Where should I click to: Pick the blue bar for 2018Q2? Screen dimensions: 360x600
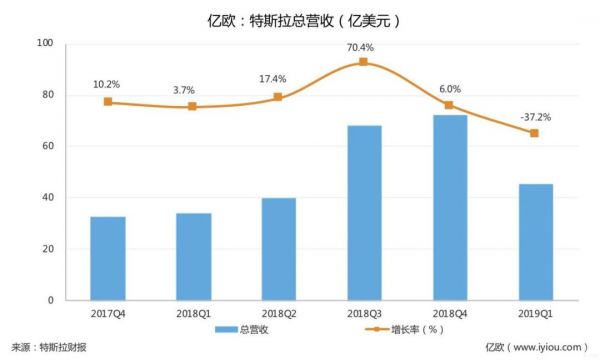point(278,249)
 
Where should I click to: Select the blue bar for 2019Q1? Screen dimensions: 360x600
point(535,242)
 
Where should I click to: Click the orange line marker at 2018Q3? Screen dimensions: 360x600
point(364,62)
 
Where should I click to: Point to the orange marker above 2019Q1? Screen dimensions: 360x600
point(535,133)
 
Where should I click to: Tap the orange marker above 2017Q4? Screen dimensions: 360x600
point(107,102)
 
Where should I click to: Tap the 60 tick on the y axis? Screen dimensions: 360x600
point(47,146)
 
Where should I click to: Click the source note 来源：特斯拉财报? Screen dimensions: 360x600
point(50,347)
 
